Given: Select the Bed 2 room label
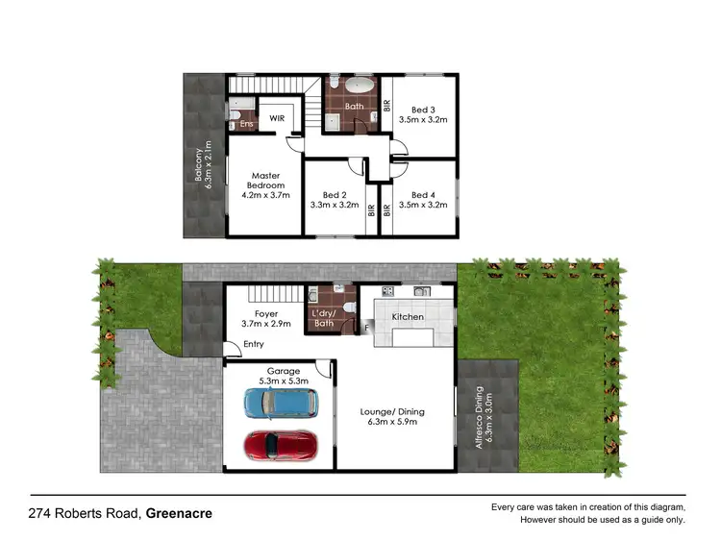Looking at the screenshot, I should click(334, 199).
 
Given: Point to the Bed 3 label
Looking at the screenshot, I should click(424, 115).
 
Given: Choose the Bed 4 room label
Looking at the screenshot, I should click(424, 199).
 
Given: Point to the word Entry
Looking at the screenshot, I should click(254, 344).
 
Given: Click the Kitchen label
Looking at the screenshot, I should click(408, 315).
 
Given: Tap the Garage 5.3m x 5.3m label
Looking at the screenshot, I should click(278, 376).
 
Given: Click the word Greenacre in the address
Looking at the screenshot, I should click(179, 513).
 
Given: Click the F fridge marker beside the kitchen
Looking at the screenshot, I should click(365, 329).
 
